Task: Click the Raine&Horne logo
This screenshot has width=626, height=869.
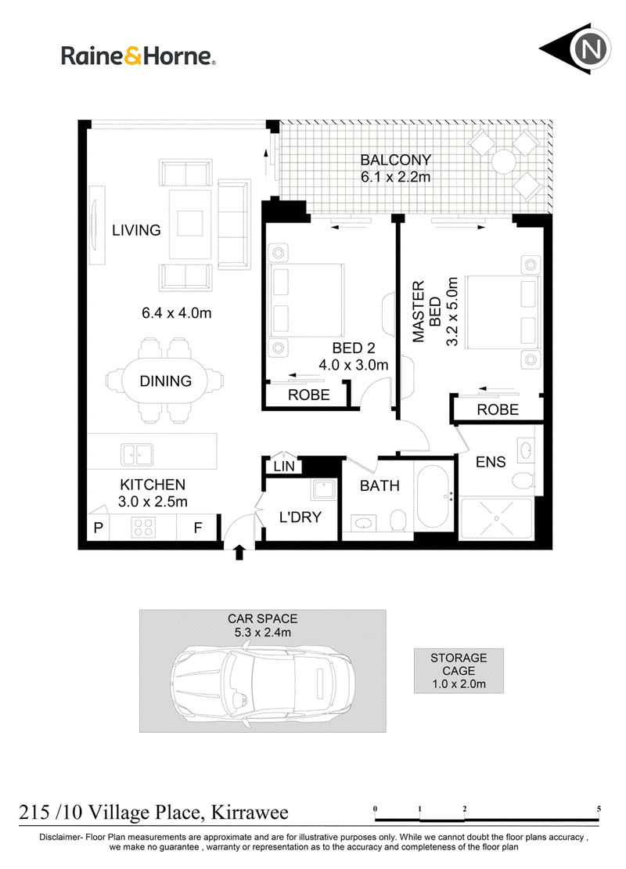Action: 138,56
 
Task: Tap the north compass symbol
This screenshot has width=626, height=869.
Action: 576,49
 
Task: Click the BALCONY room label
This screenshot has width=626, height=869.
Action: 395,160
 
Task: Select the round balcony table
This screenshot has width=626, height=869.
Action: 504,162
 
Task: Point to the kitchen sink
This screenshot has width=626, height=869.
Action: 137,454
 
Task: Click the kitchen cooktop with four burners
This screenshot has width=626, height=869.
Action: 143,527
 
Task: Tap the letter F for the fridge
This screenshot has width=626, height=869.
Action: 198,528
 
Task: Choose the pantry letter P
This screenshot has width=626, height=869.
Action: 98,527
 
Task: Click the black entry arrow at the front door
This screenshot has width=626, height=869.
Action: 239,552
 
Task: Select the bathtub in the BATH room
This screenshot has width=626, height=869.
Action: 433,496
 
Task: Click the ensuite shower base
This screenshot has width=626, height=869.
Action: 496,518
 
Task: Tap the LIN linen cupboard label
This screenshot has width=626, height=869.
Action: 284,466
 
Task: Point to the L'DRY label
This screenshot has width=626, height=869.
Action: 300,517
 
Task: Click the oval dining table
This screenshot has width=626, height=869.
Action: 165,381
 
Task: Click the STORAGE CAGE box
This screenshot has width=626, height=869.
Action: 459,671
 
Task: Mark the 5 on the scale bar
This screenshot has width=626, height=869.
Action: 599,809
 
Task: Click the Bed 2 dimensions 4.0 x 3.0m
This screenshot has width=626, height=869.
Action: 354,365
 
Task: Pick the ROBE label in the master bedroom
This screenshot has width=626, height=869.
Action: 498,409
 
